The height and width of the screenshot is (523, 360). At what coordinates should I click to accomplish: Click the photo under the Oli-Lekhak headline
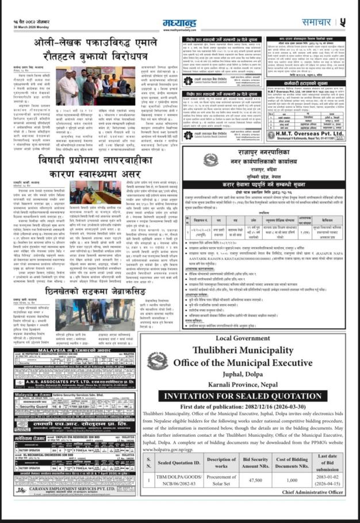click(93, 86)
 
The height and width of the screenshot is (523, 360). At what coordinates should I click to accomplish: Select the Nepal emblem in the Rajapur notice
click(210, 159)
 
